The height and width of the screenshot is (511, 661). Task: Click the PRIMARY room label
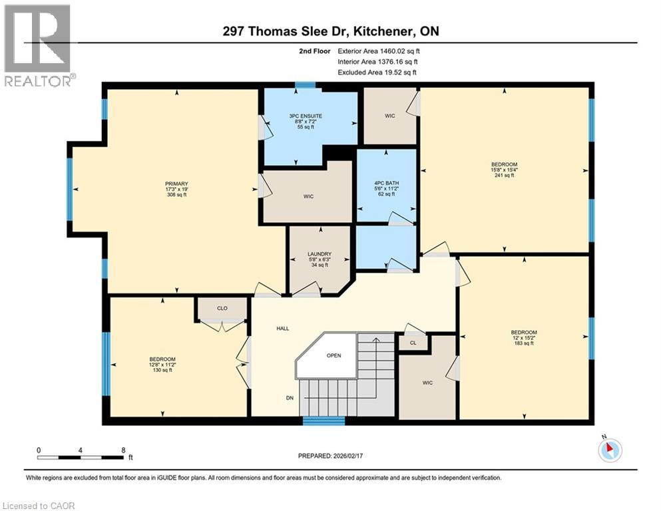point(177,184)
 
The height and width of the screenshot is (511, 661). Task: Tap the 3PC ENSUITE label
point(306,116)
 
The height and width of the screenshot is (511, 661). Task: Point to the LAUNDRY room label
point(320,254)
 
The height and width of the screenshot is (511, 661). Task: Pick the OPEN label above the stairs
point(333,355)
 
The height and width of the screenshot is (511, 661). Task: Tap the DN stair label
point(290,397)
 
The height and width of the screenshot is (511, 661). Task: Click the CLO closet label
point(222,309)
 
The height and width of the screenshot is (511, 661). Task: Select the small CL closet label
point(413,343)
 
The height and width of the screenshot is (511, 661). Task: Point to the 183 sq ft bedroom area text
point(523,343)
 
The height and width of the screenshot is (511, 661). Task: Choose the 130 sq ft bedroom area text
point(162,371)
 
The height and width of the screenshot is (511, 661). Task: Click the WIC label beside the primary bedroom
point(308,196)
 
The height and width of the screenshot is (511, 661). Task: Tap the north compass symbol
point(610,450)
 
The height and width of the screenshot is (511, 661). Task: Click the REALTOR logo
point(37,45)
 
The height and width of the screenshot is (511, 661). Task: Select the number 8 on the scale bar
point(123,450)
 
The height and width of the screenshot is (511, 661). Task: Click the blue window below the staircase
point(324,421)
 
